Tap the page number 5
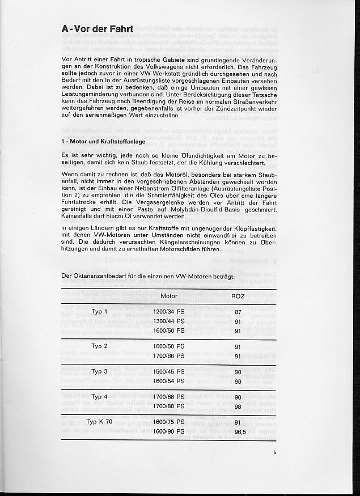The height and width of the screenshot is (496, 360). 274,452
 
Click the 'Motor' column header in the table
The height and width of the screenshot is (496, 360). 169,296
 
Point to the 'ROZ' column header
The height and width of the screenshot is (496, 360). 238,296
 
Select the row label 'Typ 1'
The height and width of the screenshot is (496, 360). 99,312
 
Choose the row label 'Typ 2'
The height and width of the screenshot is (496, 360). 99,345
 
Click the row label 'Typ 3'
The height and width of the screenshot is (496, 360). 99,371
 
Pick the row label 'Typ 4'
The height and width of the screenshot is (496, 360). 99,396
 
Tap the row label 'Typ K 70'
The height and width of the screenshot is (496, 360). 99,422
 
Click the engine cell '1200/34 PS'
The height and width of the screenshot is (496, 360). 169,312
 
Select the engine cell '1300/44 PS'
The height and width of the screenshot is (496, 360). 169,321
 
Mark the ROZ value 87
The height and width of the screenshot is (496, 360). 238,312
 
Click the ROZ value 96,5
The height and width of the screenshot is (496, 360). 239,431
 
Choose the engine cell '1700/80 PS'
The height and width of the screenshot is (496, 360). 169,405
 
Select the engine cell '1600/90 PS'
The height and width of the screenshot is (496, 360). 169,431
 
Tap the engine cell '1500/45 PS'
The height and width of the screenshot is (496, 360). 169,371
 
